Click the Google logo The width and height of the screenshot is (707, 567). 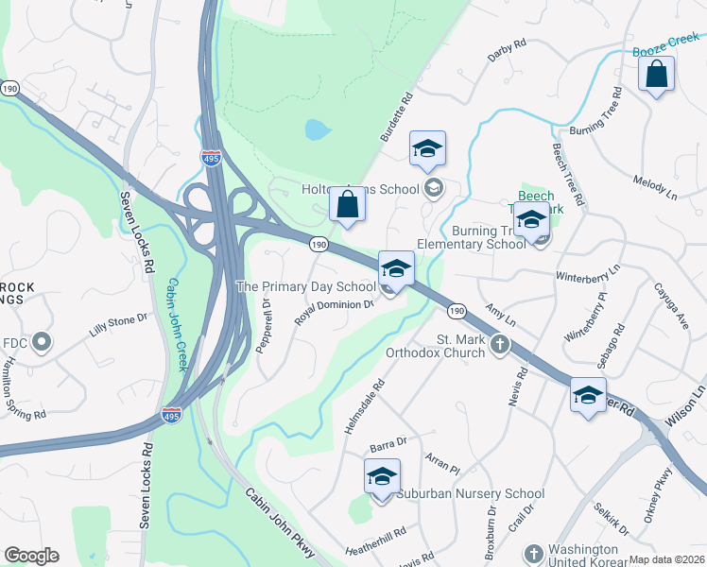(32, 556)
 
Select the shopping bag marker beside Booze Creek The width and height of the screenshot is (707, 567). (656, 75)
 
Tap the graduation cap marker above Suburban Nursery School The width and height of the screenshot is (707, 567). (382, 476)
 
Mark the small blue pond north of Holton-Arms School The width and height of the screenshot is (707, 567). (317, 129)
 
